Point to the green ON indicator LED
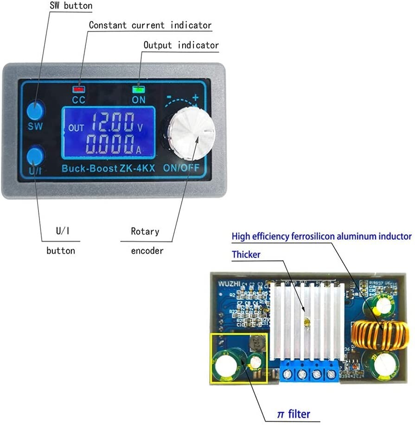138,89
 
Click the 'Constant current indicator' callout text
150,25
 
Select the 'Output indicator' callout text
181,45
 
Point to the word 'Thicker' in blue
246,254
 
